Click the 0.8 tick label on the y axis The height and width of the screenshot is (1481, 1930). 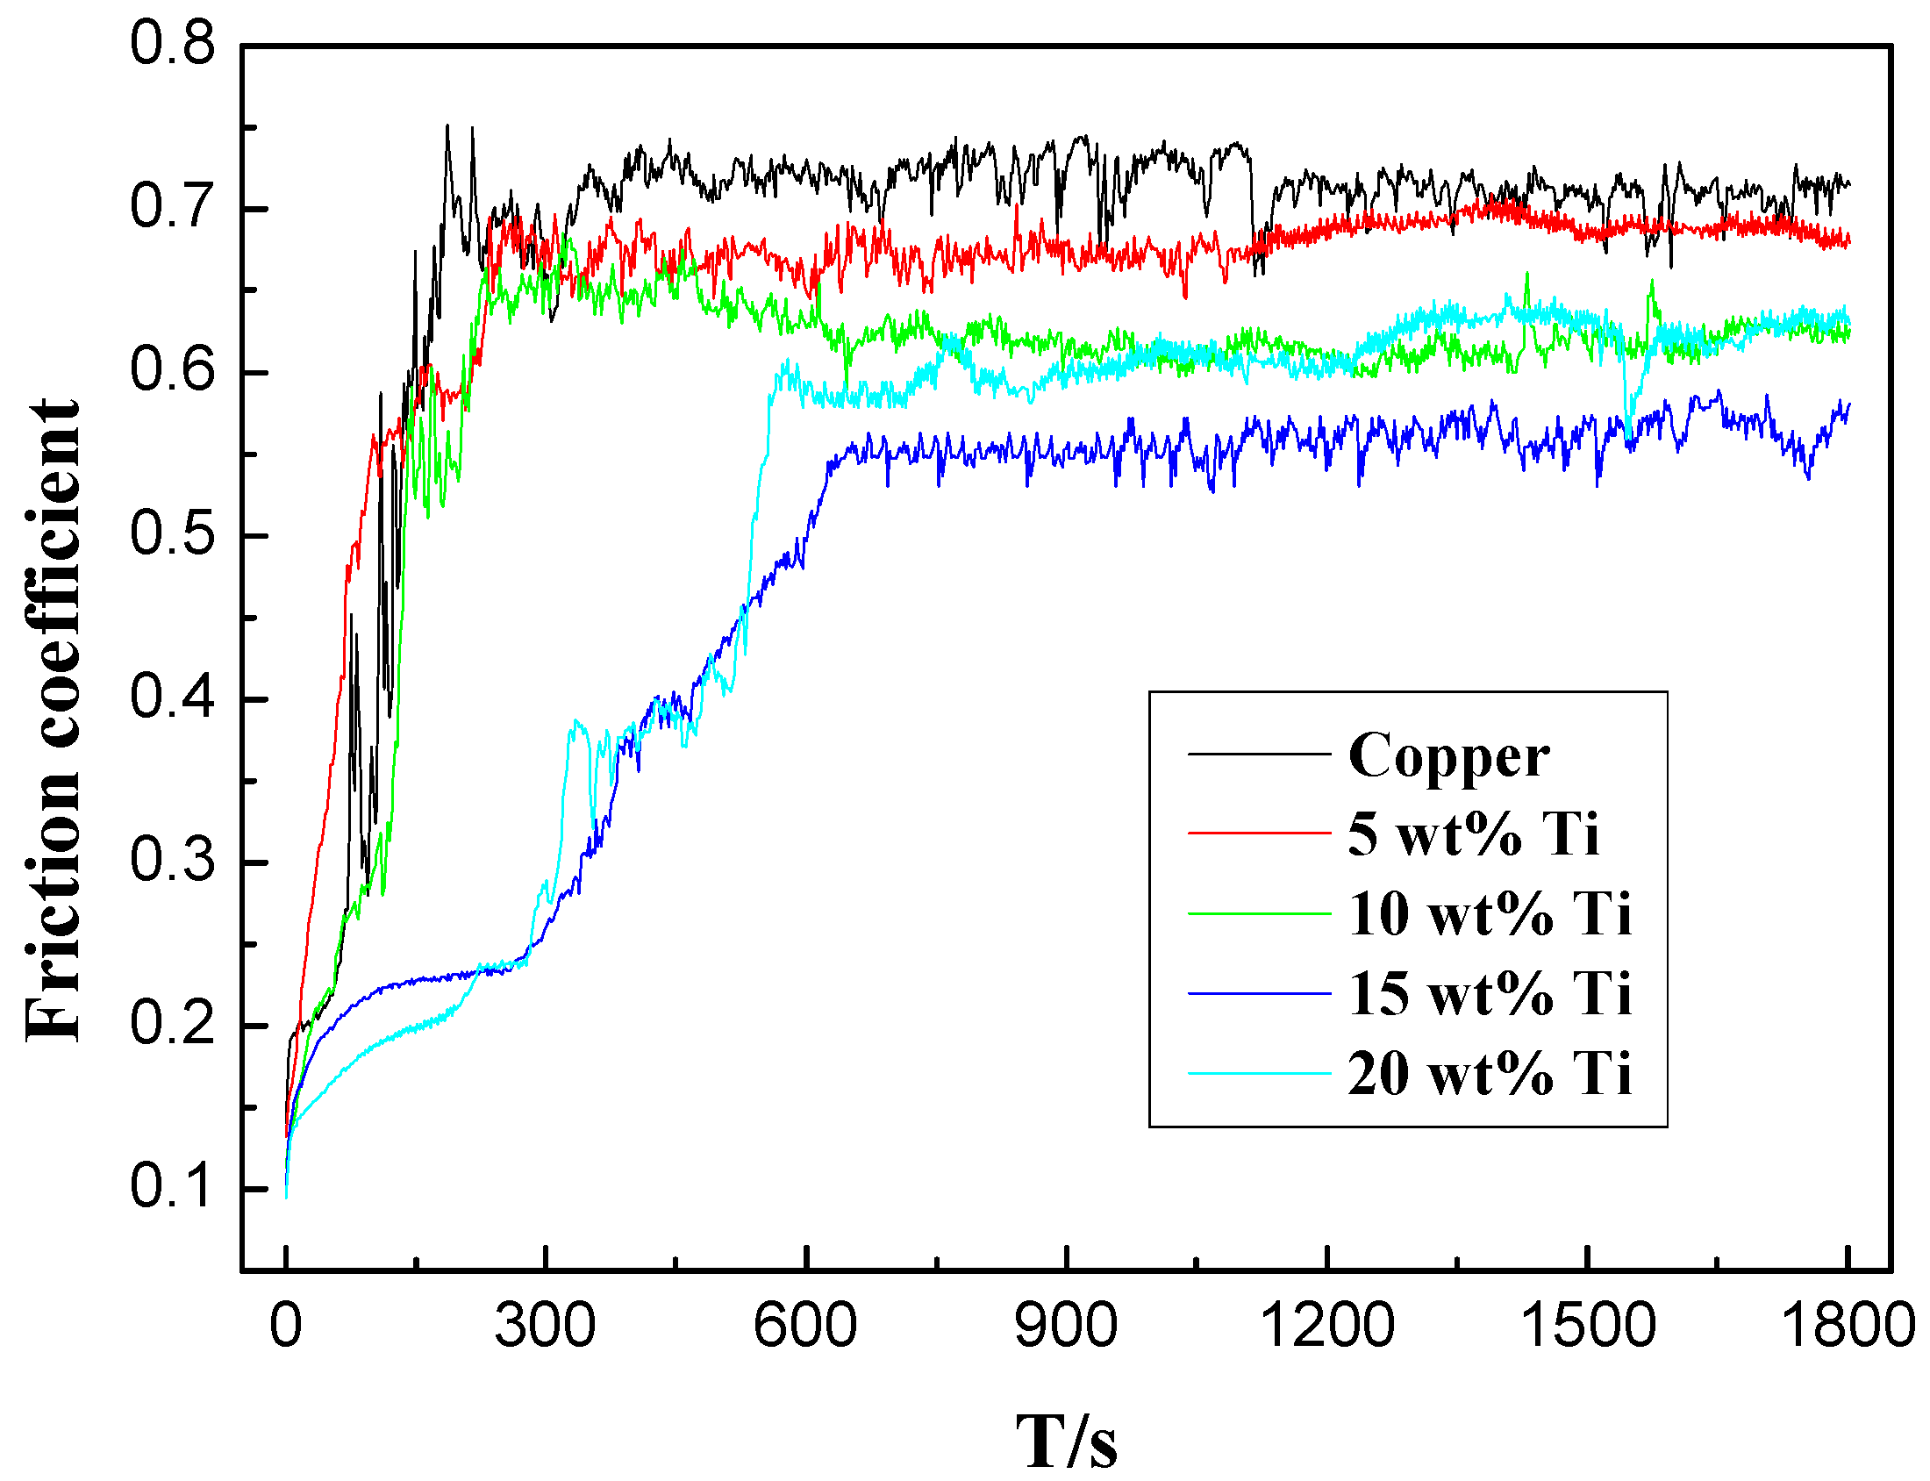(172, 44)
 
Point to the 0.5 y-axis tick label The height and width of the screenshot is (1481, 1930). (172, 534)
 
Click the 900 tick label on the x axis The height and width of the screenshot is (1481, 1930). (1066, 1326)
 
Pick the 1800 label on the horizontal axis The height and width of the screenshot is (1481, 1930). (1848, 1326)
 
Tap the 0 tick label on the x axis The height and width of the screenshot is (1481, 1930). (285, 1326)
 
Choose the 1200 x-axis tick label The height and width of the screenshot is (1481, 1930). (1326, 1326)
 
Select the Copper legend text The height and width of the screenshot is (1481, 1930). (1448, 756)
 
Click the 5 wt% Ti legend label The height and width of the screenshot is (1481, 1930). (1473, 834)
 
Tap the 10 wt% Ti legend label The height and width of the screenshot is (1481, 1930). (1490, 913)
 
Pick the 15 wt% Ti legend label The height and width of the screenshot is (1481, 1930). (1490, 993)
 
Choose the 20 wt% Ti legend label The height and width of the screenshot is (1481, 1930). (1490, 1074)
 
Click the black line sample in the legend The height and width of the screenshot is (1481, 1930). (1259, 755)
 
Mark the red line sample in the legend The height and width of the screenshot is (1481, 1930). (1259, 832)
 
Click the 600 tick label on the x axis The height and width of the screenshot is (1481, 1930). (805, 1326)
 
